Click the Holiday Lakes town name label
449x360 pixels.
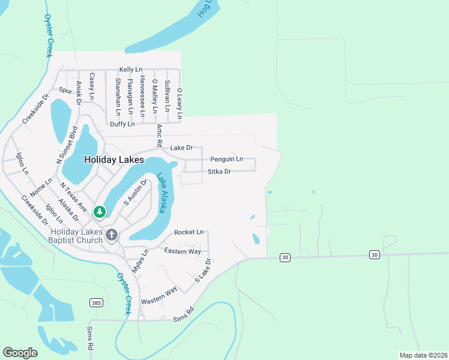(x=113, y=160)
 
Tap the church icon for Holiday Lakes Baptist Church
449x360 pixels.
(x=112, y=236)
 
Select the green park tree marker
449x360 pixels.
(x=100, y=211)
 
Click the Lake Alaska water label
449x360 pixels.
(x=161, y=192)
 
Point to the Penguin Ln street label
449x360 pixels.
(x=226, y=160)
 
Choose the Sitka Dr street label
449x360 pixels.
(x=219, y=172)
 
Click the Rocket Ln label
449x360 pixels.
(x=189, y=232)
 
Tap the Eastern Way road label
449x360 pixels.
(x=182, y=251)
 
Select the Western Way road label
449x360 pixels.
(x=159, y=295)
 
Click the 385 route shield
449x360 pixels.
(x=96, y=303)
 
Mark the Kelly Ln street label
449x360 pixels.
(x=130, y=70)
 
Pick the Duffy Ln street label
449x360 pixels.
(x=122, y=124)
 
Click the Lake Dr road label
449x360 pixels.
(x=181, y=148)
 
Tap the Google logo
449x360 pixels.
(x=20, y=353)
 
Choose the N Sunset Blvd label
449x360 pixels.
(x=67, y=145)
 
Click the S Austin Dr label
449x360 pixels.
(x=135, y=193)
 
